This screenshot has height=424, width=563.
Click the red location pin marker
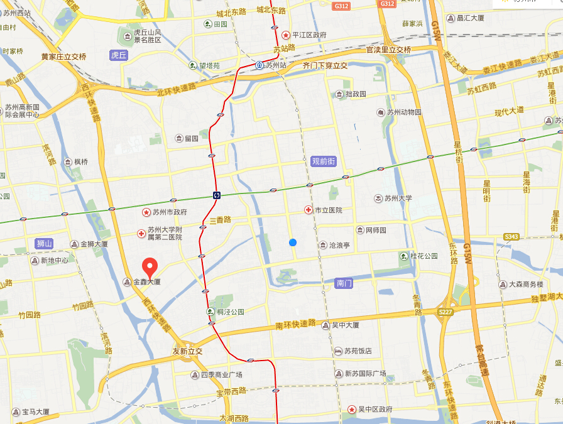149,268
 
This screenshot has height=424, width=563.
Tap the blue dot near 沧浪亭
293,242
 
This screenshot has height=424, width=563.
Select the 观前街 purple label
324,161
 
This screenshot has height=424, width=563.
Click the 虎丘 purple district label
119,55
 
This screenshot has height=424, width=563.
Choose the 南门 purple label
345,283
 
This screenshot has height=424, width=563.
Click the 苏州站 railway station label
271,65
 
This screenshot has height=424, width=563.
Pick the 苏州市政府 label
165,212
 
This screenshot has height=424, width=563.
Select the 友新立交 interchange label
187,351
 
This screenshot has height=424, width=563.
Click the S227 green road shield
445,312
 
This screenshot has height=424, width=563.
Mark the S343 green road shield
511,237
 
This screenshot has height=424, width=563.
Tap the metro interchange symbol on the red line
216,195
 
